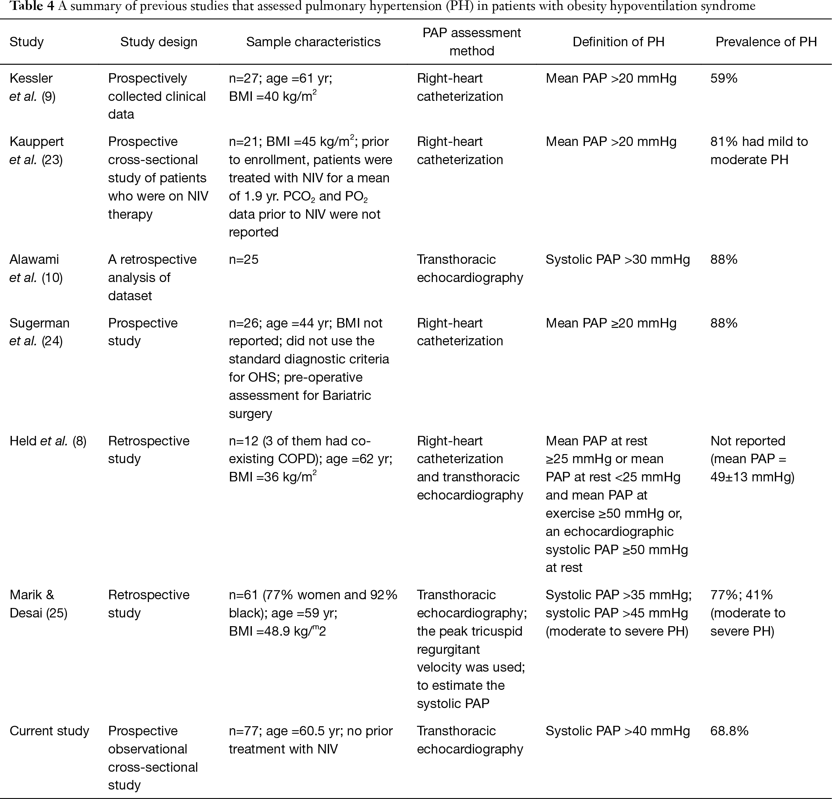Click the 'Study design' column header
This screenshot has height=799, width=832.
click(x=159, y=42)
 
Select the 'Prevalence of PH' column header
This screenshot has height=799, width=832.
click(x=766, y=42)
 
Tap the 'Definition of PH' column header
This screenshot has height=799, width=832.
click(x=618, y=42)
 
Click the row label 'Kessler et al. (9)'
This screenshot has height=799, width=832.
click(x=32, y=87)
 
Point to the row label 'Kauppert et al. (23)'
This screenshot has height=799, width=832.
click(x=36, y=151)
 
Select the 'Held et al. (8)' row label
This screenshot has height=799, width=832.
click(x=48, y=441)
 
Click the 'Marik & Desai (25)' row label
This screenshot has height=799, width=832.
click(x=38, y=604)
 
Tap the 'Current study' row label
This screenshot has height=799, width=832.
click(x=49, y=731)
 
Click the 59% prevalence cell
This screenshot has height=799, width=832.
click(x=724, y=78)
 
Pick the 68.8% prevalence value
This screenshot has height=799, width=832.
click(x=729, y=731)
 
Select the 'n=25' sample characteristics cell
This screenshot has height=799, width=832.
click(x=244, y=259)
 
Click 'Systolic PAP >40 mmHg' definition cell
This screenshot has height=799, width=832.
click(x=618, y=731)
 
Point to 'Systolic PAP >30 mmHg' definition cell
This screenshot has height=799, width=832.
click(x=618, y=259)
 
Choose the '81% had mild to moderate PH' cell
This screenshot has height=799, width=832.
click(x=759, y=151)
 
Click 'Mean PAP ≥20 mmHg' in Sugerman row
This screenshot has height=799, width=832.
click(x=611, y=323)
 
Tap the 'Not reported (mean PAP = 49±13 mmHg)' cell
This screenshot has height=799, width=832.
click(x=752, y=459)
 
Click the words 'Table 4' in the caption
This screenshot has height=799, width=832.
click(x=32, y=6)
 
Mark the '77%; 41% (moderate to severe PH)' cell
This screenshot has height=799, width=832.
click(x=748, y=613)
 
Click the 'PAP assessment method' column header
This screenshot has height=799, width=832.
click(x=471, y=42)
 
